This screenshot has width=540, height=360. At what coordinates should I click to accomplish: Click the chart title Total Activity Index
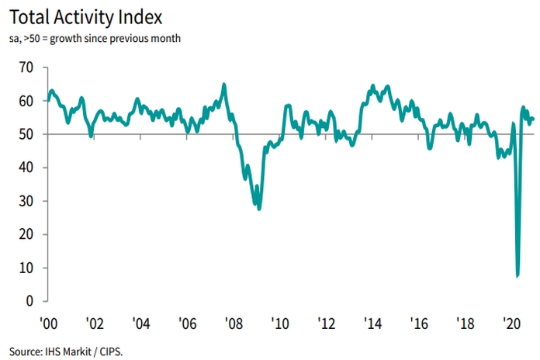[x=91, y=16]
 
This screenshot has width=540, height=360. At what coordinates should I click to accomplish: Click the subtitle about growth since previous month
[x=95, y=38]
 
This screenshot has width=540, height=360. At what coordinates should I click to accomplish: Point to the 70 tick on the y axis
[x=26, y=67]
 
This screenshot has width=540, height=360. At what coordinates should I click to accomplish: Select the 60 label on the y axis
[x=26, y=101]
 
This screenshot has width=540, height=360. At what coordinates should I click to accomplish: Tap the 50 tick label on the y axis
[x=26, y=134]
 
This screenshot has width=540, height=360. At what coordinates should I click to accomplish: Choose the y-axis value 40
[x=26, y=168]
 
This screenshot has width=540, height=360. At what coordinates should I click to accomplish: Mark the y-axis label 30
[x=26, y=201]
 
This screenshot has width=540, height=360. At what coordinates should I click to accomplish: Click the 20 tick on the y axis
[x=26, y=234]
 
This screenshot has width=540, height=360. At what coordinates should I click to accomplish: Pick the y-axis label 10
[x=26, y=268]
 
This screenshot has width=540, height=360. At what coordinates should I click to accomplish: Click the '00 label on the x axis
[x=48, y=321]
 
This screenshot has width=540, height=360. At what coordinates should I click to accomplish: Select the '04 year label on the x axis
[x=141, y=321]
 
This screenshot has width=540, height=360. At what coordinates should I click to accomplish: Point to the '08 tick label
[x=234, y=321]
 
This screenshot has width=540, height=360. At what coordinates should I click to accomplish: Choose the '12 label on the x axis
[x=326, y=321]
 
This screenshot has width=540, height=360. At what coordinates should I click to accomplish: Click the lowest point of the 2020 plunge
[x=517, y=275]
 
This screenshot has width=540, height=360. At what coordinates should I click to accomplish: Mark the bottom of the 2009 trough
[x=259, y=209]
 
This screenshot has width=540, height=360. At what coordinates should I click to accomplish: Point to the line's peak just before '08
[x=224, y=84]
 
